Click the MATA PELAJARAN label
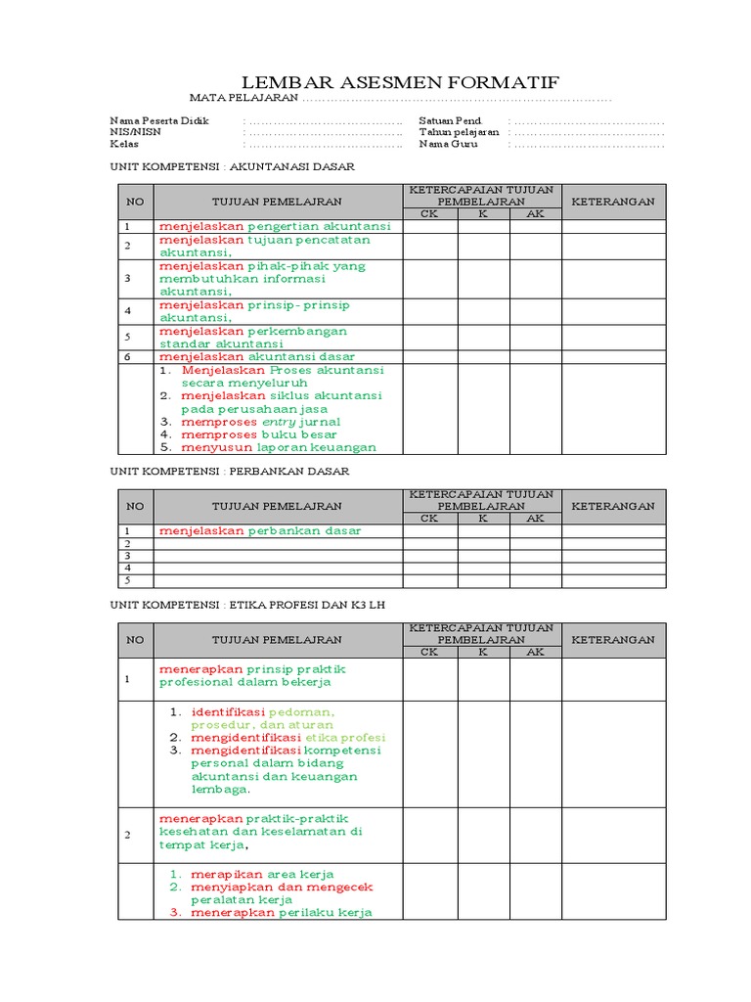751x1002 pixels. [243, 99]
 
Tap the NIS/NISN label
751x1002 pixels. [136, 132]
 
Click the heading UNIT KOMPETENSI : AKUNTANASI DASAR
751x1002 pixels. [232, 166]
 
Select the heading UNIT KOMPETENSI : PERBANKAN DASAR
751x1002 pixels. [229, 471]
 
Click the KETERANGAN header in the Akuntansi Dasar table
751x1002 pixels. [613, 202]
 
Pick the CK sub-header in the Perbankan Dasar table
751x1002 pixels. [429, 519]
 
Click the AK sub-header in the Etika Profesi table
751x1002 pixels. [535, 652]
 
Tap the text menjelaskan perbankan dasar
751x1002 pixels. [260, 531]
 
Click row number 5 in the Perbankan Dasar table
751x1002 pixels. [127, 580]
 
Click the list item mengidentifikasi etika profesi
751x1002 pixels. [288, 737]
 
